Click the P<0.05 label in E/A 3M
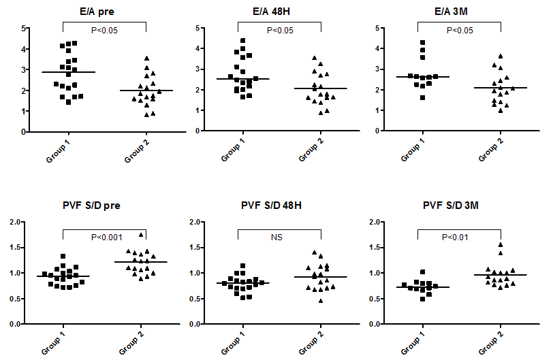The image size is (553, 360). point(460,30)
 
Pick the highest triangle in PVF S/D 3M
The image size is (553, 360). point(481,245)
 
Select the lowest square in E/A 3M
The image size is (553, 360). point(424,97)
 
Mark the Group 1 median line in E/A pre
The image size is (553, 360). point(63,72)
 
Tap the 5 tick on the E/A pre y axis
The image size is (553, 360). point(25,29)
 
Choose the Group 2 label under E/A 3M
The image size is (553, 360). point(486,146)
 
